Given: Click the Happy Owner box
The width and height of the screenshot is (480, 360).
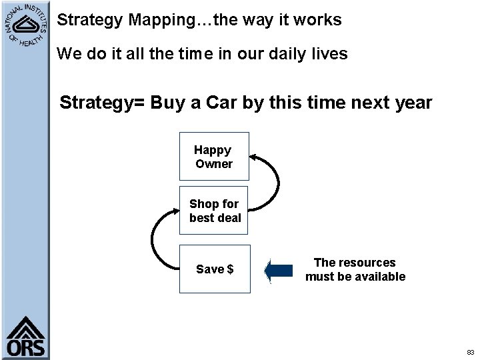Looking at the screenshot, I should pos(214,157).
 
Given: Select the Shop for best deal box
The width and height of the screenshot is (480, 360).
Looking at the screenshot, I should pos(214,211).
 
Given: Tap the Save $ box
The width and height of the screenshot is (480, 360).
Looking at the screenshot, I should pos(214,269).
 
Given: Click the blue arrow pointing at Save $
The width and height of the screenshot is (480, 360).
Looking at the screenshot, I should pos(279,270).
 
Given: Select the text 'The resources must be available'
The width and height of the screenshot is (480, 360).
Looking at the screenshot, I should pos(355,269).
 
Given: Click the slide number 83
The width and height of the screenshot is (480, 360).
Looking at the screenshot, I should pos(470,351).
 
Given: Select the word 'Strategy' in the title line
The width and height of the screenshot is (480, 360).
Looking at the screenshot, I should pos(89,20).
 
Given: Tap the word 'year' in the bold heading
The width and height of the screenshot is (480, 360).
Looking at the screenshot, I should pos(413,103).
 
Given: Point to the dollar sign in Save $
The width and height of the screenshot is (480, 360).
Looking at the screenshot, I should pos(230,269).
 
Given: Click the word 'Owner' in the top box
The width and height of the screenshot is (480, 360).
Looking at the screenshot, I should pos(214,164).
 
